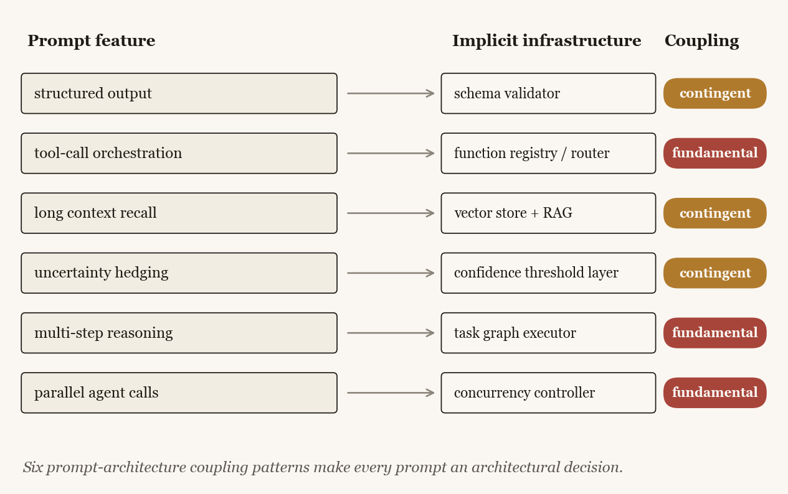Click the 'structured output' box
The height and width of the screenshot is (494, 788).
[x=179, y=93]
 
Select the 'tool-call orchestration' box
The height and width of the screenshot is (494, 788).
[x=179, y=153]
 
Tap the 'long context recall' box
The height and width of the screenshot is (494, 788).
[x=179, y=213]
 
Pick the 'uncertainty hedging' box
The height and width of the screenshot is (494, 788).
[x=179, y=273]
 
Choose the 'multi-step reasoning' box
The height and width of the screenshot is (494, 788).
[x=179, y=333]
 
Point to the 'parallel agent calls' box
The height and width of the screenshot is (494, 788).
[x=179, y=393]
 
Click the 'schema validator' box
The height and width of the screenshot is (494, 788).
[x=548, y=93]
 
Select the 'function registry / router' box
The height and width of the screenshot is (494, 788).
[x=548, y=153]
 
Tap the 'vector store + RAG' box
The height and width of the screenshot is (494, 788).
[x=548, y=213]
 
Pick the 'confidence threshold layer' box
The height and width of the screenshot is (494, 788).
[x=548, y=273]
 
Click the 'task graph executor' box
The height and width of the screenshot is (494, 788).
[x=548, y=333]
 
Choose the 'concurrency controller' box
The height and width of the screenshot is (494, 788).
[x=548, y=393]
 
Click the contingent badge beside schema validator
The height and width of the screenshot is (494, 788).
[x=714, y=93]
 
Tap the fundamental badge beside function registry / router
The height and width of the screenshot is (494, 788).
[x=714, y=153]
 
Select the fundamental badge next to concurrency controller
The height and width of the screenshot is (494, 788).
[x=714, y=393]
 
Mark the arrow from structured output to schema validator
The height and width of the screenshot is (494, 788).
[x=391, y=93]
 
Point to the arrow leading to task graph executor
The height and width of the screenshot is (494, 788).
[x=391, y=333]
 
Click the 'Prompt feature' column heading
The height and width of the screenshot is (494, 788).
[x=92, y=41]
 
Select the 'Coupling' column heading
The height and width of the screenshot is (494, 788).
[x=701, y=41]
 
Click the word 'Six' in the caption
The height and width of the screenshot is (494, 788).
[x=32, y=467]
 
